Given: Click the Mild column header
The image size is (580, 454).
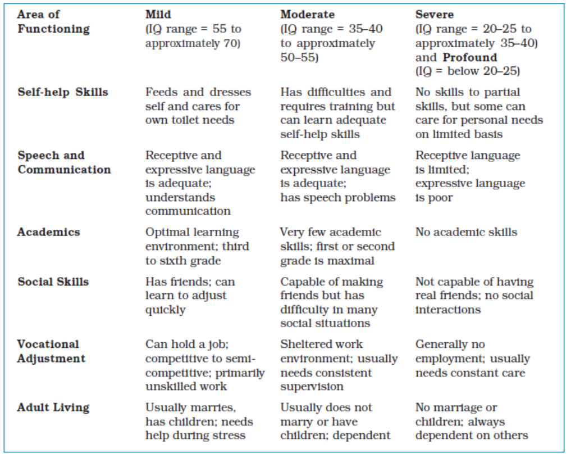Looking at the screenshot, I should point(158,15).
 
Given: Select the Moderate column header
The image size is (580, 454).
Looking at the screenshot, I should point(307,15).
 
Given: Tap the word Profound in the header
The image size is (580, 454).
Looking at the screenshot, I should point(470,57).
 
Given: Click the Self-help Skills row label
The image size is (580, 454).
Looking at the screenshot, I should point(62,92).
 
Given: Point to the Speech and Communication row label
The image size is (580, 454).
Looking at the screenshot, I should point(64,162).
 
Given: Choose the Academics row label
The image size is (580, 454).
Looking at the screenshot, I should point(48,232).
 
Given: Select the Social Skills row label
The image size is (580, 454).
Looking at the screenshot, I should point(53,282).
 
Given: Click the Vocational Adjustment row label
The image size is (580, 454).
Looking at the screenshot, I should point(51,351).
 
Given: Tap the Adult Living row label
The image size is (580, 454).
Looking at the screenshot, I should point(53,407).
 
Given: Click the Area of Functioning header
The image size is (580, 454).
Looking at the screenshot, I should point(53,22).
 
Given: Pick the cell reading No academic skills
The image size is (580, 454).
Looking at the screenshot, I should point(466,232).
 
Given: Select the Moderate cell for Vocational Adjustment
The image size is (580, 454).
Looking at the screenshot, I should point(339,365).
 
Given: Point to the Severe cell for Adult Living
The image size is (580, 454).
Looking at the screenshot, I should point(471,421).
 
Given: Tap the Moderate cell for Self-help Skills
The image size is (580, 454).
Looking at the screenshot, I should point(337,113).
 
